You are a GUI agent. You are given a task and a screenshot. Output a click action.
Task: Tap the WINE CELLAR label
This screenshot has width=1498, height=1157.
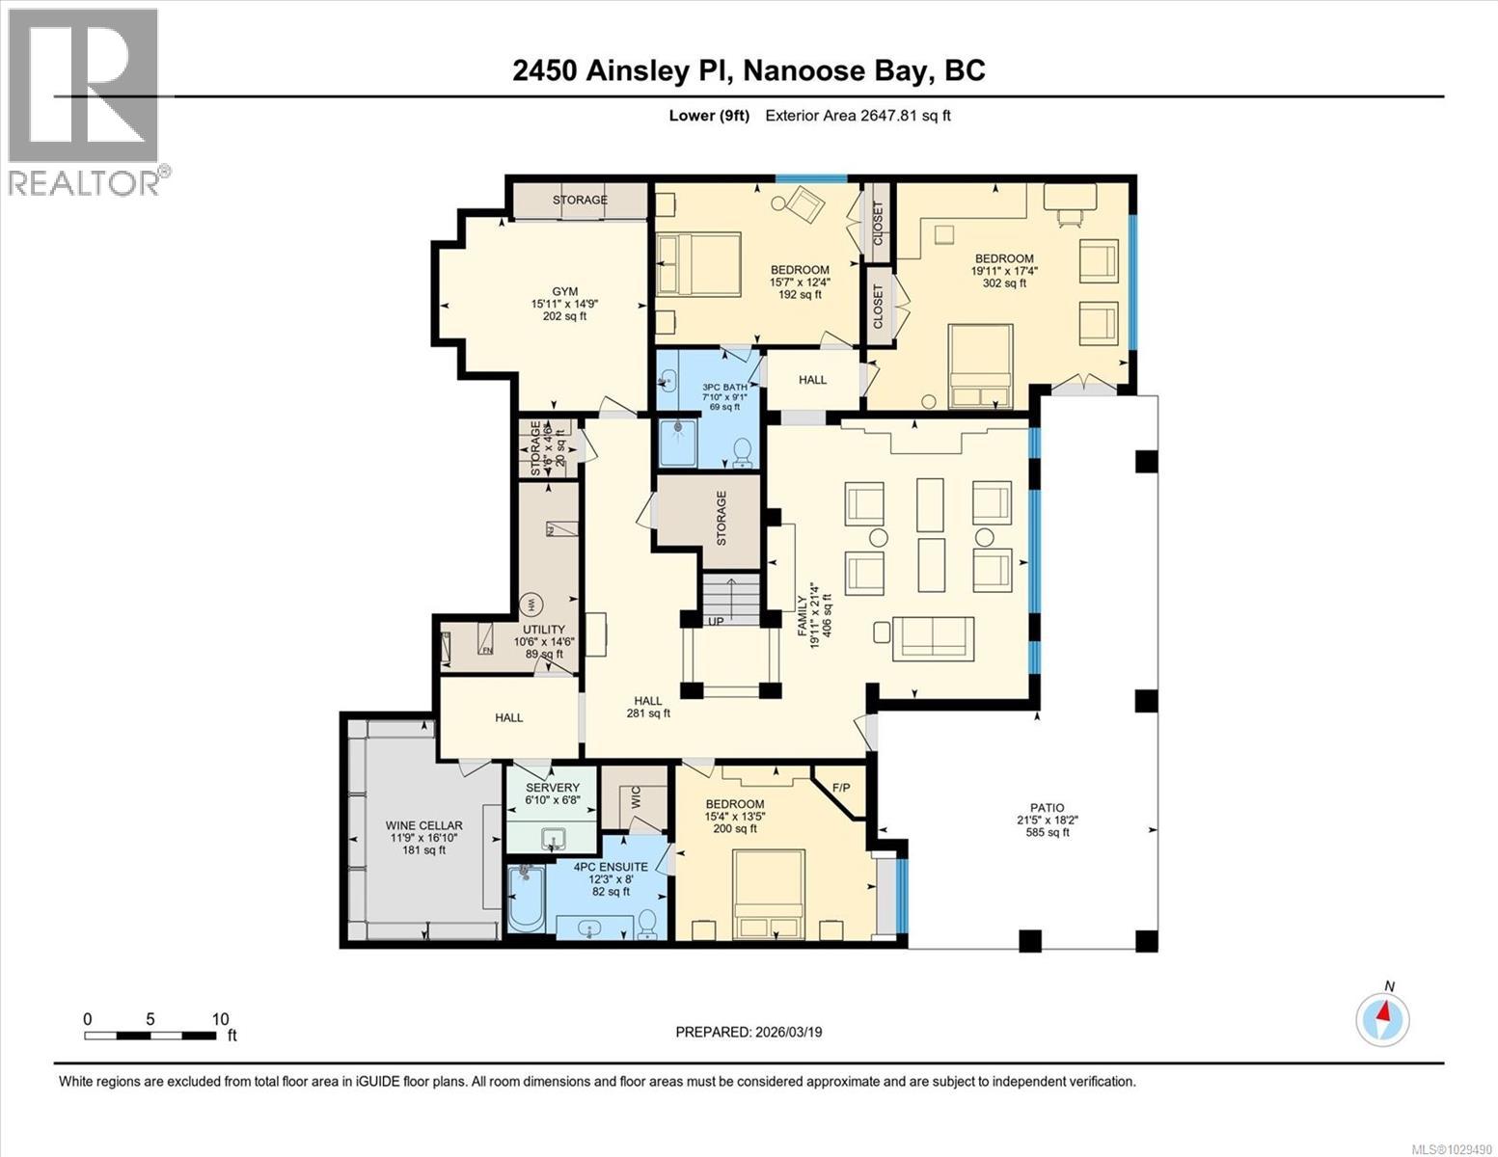pos(424,825)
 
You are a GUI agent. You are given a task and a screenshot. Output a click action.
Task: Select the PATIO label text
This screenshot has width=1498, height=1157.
pos(1047,808)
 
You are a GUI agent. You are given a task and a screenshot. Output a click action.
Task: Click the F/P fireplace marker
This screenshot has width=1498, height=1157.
pos(840,789)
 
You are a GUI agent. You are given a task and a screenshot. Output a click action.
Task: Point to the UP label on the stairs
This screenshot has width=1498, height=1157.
pos(717,622)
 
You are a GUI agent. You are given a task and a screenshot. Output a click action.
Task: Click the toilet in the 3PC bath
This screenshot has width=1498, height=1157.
pos(743,451)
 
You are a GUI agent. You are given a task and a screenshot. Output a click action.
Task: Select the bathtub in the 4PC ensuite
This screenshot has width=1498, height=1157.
pos(527,899)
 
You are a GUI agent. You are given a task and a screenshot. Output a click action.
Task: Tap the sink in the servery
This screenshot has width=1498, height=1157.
pos(554,837)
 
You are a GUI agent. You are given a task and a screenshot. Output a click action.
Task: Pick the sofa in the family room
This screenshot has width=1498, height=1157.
pos(934,636)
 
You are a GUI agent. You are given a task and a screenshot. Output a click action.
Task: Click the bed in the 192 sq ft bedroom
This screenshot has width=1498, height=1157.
pos(698,264)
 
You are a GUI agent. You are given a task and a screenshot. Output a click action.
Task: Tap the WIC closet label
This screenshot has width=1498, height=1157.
pos(636,798)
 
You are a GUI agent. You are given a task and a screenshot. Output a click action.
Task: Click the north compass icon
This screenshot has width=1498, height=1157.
pos(1382,1018)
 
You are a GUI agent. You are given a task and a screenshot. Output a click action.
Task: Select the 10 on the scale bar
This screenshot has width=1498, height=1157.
pos(220,1019)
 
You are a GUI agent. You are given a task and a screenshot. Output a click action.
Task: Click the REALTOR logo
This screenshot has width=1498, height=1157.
pos(84,101)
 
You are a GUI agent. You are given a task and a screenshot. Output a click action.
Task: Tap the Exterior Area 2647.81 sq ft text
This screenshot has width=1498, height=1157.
pos(858,116)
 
